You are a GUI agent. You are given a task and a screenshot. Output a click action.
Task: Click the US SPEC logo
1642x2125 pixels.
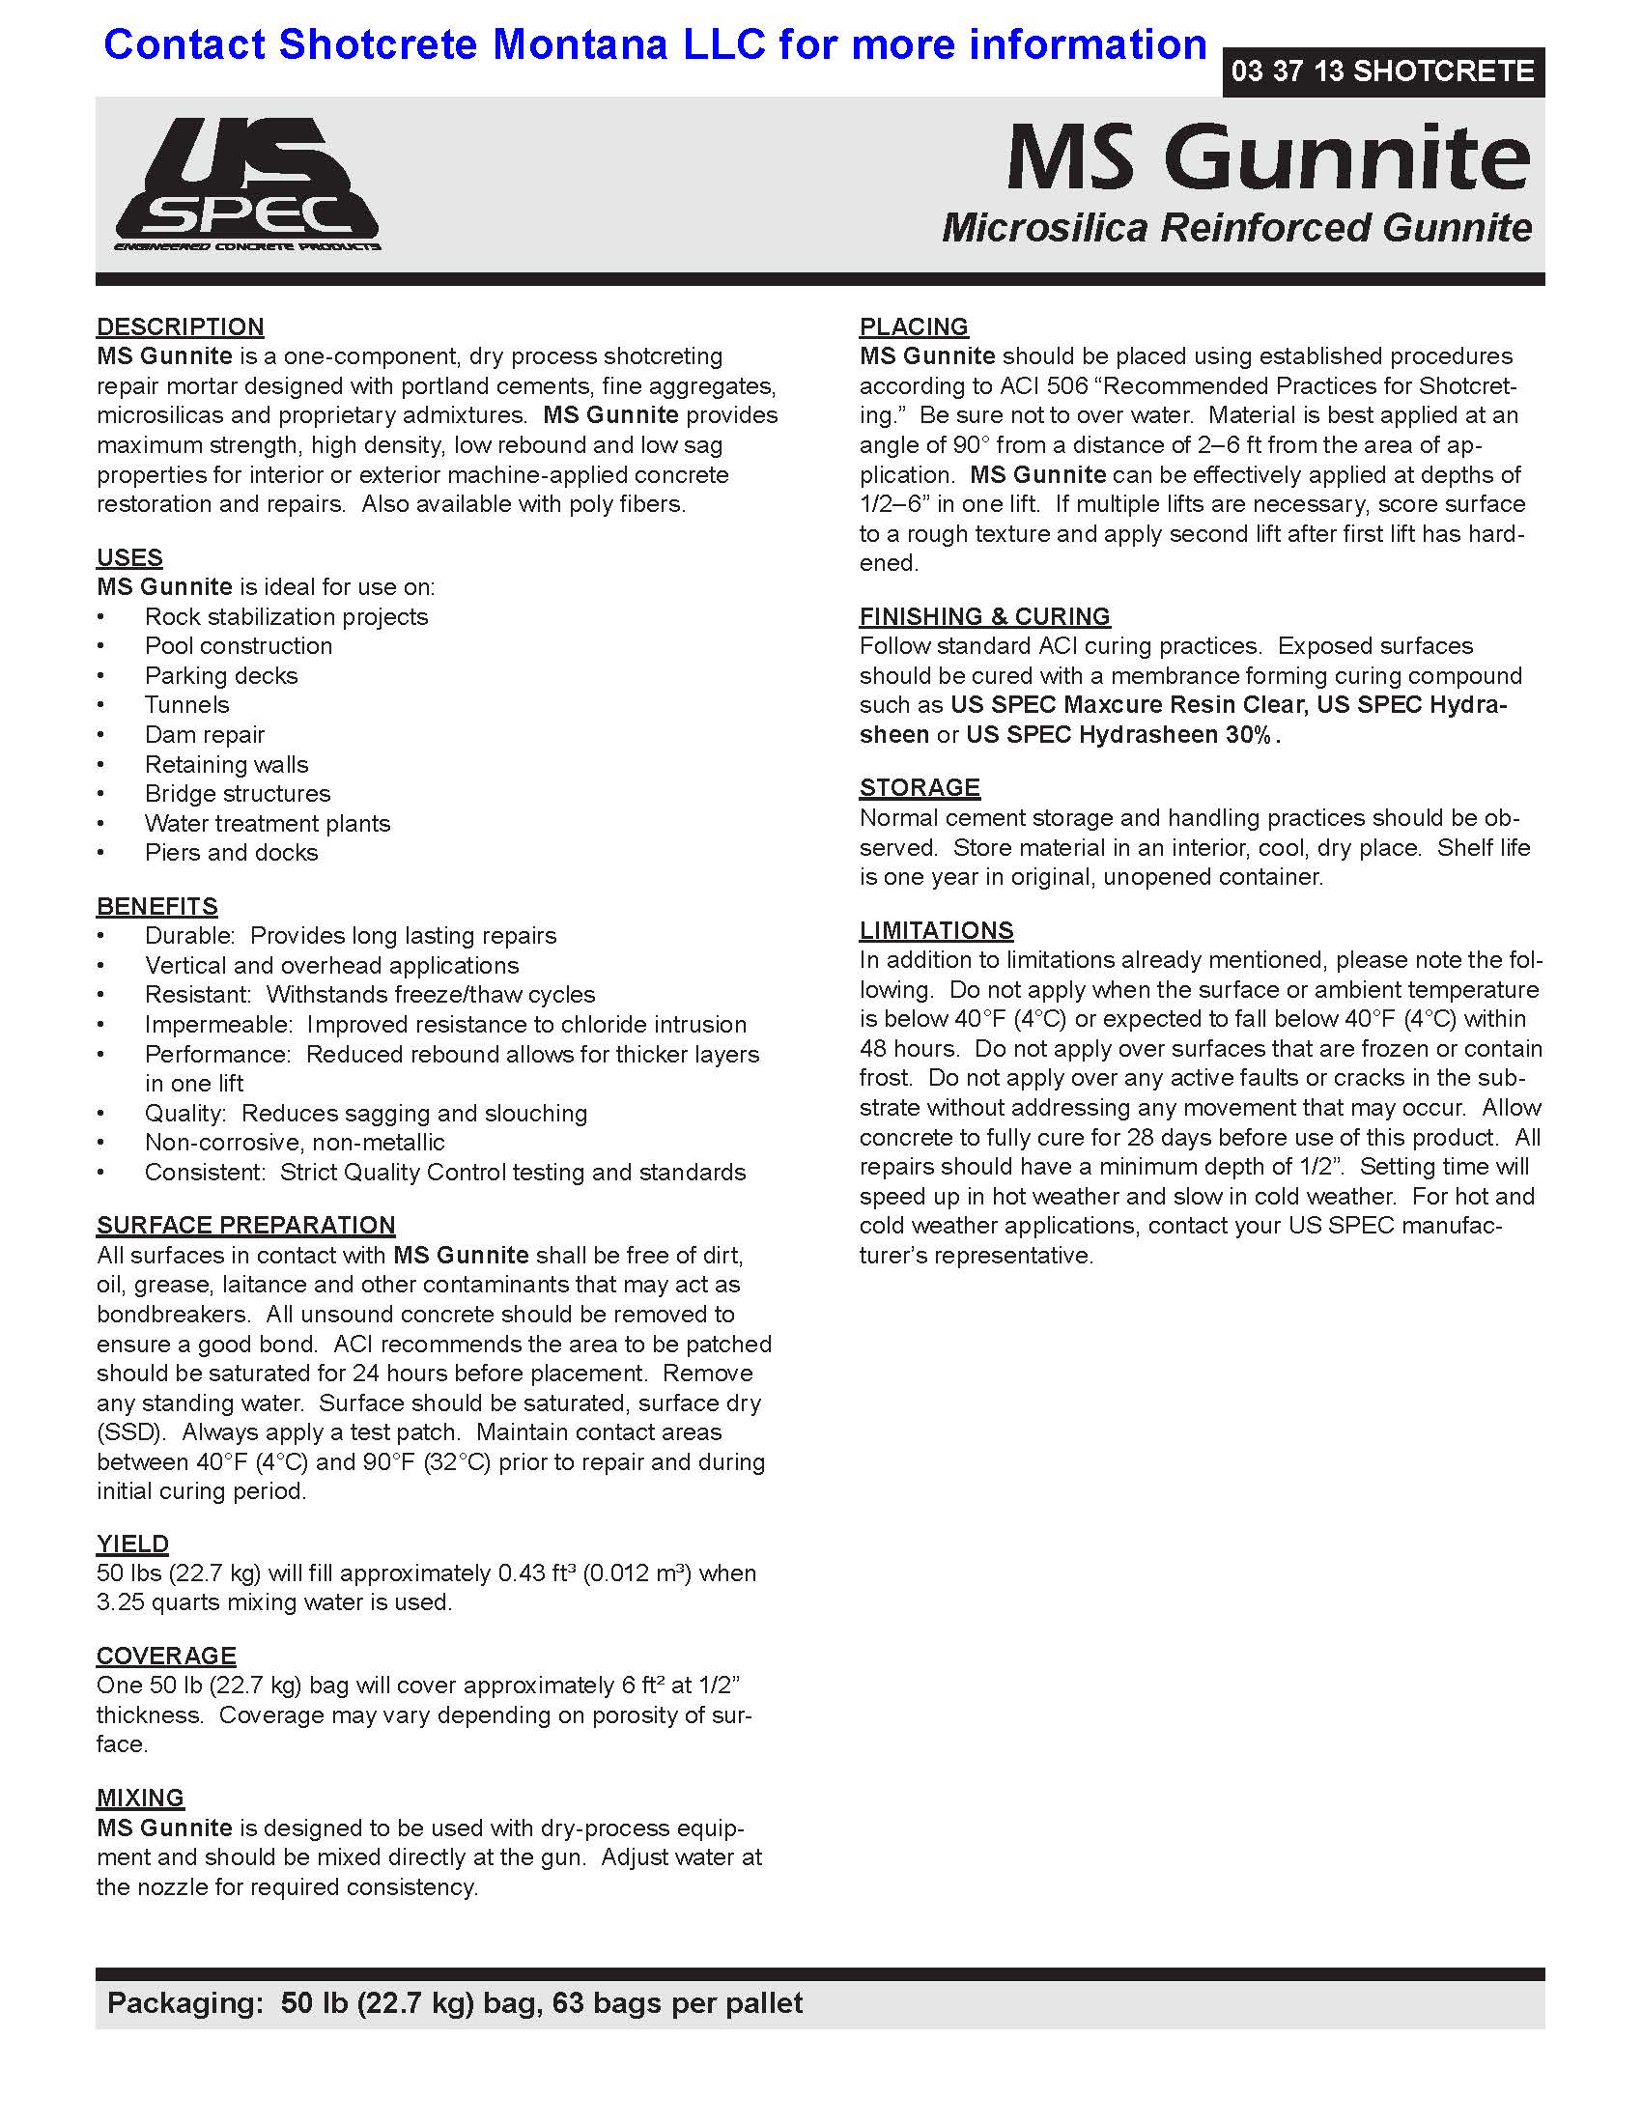[x=247, y=184]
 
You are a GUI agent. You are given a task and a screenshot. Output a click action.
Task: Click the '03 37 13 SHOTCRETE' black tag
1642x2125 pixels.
[x=1382, y=71]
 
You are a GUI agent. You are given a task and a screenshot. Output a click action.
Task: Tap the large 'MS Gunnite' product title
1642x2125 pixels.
[x=1267, y=157]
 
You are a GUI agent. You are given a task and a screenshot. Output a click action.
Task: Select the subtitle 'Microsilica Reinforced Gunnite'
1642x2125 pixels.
[x=1236, y=228]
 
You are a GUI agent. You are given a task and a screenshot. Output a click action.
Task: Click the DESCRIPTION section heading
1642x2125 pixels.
[x=180, y=326]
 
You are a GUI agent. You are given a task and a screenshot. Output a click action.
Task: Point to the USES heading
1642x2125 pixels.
[x=129, y=557]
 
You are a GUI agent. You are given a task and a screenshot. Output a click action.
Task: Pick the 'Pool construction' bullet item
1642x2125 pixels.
[x=239, y=646]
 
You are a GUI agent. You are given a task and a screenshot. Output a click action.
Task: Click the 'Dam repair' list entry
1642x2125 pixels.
[x=204, y=735]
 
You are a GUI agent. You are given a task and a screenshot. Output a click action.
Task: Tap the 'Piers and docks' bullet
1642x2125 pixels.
[x=232, y=852]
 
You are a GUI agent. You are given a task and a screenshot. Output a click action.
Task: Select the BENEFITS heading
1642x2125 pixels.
[x=156, y=906]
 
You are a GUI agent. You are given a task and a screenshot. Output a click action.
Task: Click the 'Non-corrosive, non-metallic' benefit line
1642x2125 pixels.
[x=295, y=1143]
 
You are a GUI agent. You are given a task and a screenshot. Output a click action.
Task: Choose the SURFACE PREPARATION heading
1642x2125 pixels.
[x=245, y=1225]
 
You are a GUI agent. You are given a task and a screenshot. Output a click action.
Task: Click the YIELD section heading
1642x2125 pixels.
[x=132, y=1544]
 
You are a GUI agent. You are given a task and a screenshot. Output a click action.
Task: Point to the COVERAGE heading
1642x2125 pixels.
[x=166, y=1656]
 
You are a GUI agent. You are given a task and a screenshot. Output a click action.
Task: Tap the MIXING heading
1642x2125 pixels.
[x=140, y=1799]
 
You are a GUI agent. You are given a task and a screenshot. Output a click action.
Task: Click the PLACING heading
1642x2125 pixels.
[x=914, y=326]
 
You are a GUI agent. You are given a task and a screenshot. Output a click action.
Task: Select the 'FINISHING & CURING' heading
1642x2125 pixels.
[x=984, y=616]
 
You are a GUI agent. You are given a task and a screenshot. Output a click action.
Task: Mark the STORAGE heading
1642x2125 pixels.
[x=920, y=787]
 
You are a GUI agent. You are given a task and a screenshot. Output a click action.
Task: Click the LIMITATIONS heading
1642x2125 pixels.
[x=936, y=930]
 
